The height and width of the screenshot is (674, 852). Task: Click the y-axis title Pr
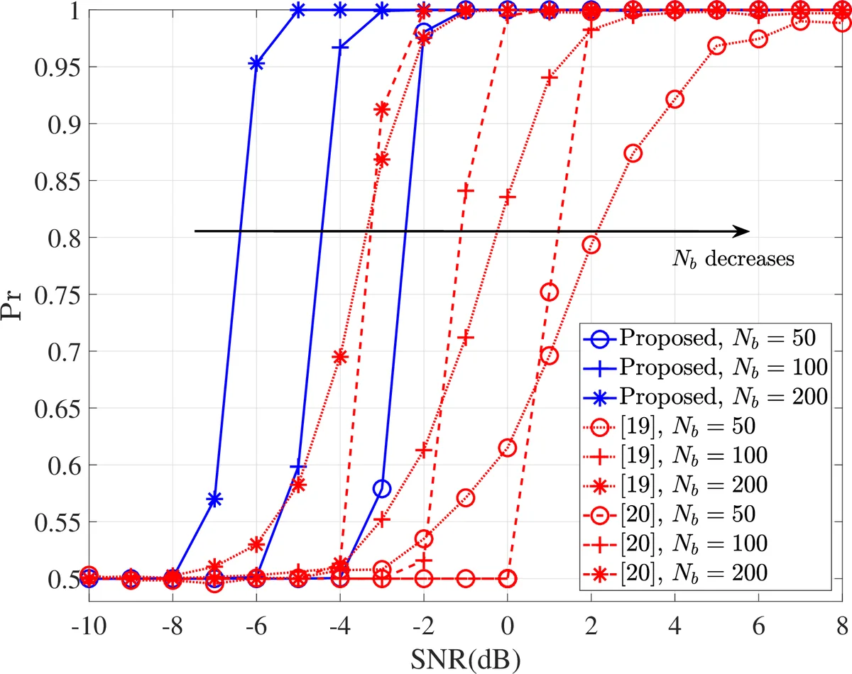16,295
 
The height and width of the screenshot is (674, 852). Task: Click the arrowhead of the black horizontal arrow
743,231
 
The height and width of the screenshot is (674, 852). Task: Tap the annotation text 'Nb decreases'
733,259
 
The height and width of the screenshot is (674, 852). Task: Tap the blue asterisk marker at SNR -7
214,499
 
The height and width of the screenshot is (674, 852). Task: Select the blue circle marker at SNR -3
382,488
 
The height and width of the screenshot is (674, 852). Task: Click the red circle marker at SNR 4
674,99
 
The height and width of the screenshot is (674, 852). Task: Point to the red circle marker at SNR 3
633,153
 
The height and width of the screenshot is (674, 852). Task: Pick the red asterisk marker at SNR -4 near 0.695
340,357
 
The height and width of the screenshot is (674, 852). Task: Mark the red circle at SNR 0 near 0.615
507,447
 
